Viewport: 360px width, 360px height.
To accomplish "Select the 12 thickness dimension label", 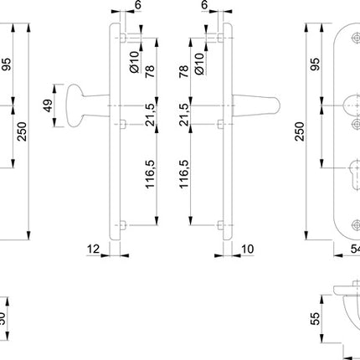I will [x=96, y=249].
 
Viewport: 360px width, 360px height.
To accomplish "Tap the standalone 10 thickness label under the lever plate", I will [x=247, y=249].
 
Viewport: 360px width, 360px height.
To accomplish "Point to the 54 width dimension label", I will [x=352, y=249].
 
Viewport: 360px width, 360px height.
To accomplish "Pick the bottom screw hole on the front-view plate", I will [x=345, y=224].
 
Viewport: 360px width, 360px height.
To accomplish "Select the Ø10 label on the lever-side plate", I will [x=198, y=60].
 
